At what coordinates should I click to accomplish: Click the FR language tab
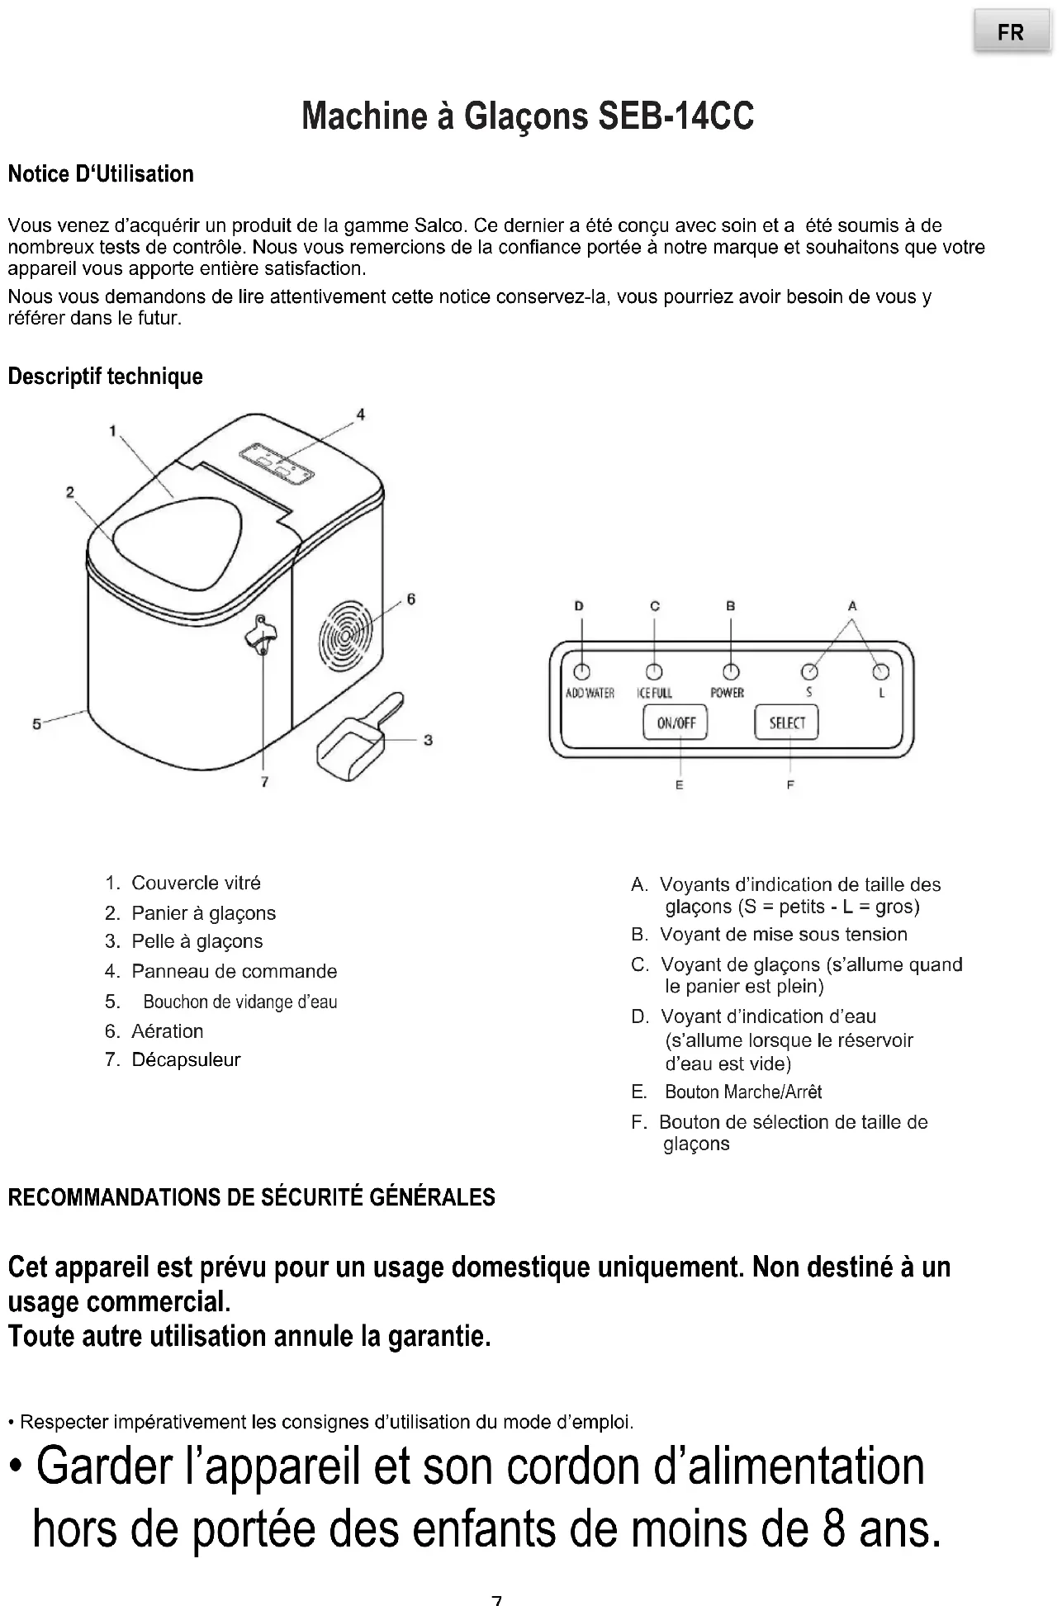coord(1011,33)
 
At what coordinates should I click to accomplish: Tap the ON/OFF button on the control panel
coord(676,723)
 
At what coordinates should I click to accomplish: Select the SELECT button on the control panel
coord(786,723)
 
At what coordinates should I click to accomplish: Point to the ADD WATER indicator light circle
coord(581,670)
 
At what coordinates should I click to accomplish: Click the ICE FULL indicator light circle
coord(654,670)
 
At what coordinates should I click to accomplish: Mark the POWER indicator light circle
coord(731,670)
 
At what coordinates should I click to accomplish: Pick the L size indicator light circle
coord(881,670)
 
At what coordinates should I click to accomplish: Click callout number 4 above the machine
coord(360,415)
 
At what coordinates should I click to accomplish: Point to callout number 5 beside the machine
coord(36,724)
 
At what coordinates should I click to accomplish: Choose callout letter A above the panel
coord(852,606)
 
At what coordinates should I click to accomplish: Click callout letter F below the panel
coord(790,785)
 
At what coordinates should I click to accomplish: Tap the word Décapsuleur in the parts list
coord(186,1059)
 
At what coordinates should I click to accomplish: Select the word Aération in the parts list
coord(167,1031)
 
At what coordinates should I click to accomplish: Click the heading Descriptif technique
coord(105,377)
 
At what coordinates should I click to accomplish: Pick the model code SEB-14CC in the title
coord(676,116)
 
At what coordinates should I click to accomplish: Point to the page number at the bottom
coord(496,1599)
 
